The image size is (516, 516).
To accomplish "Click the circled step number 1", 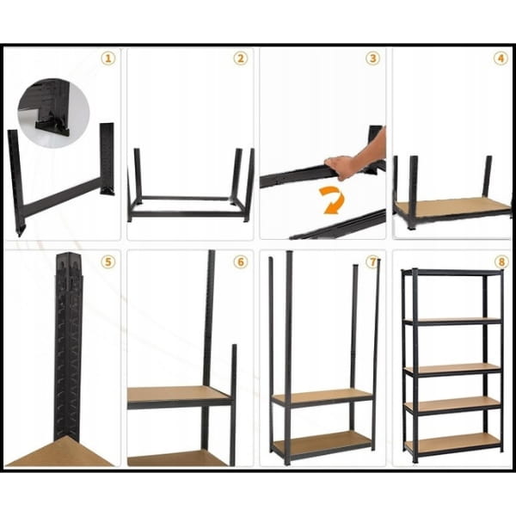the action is point(108,58).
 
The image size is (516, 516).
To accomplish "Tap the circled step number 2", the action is point(241,58).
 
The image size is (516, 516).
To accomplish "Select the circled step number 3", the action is point(372,58).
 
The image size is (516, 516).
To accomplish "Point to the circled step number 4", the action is point(501,58).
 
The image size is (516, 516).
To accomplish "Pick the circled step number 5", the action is point(108,262).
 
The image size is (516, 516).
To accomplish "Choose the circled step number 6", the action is point(241,262).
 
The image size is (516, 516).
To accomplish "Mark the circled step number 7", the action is point(372,262).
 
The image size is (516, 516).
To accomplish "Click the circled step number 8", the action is point(501,262).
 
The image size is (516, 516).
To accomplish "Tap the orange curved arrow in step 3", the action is point(334,200).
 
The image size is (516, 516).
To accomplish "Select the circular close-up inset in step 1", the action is point(53,113).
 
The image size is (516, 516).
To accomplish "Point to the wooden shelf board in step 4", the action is point(452,206).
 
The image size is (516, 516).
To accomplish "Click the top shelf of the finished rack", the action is point(452,273).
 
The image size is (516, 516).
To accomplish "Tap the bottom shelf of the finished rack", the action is point(453,442).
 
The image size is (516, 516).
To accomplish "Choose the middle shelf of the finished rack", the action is point(452,369).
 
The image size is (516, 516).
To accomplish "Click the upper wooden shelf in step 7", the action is point(322,396).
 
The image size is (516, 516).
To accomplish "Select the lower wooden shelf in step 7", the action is point(321,441).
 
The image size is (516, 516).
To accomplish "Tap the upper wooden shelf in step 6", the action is point(179,395).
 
